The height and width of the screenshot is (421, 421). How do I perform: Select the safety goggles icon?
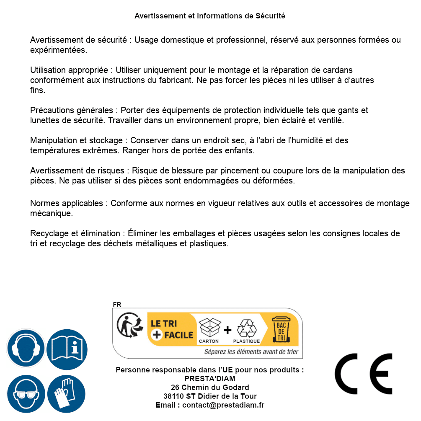pos(26,394)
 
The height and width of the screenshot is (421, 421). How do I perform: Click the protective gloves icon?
pos(67,394)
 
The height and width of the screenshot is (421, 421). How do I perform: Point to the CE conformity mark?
pos(363,374)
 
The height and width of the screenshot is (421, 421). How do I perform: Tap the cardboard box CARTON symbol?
pos(209,330)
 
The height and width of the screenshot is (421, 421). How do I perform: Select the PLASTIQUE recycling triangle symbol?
pos(246,330)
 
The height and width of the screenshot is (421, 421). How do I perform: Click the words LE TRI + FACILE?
pos(171,329)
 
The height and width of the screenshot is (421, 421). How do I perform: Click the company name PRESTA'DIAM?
pos(209,379)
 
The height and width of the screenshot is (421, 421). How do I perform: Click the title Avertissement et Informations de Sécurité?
pos(209,16)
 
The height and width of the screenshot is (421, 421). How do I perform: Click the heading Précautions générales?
pos(71,110)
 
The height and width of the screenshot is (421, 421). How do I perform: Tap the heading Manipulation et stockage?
pos(76,140)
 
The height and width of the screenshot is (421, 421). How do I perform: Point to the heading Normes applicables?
pos(67,203)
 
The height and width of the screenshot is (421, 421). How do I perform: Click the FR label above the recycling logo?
pos(117,305)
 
